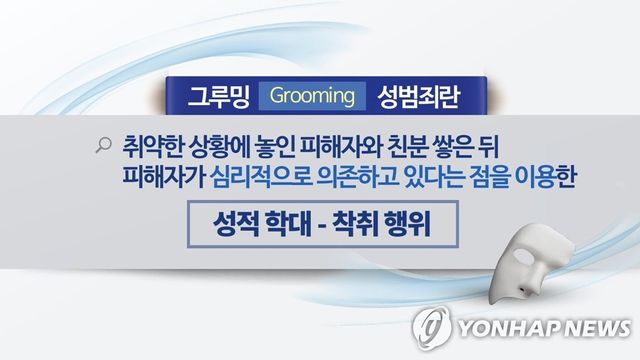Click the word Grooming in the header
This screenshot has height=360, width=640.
313,97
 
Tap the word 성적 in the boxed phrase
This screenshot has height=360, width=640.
233,221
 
